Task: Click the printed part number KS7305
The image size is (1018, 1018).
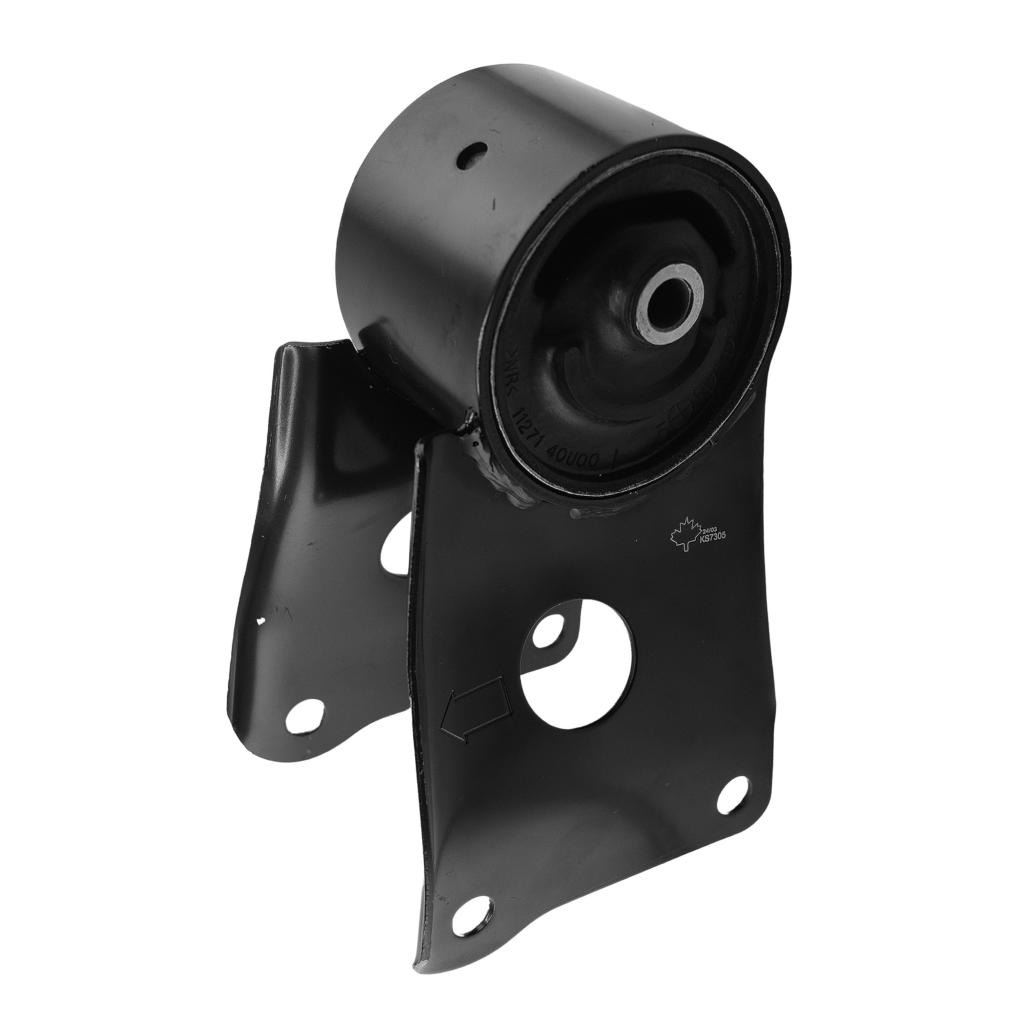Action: click(x=713, y=538)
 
